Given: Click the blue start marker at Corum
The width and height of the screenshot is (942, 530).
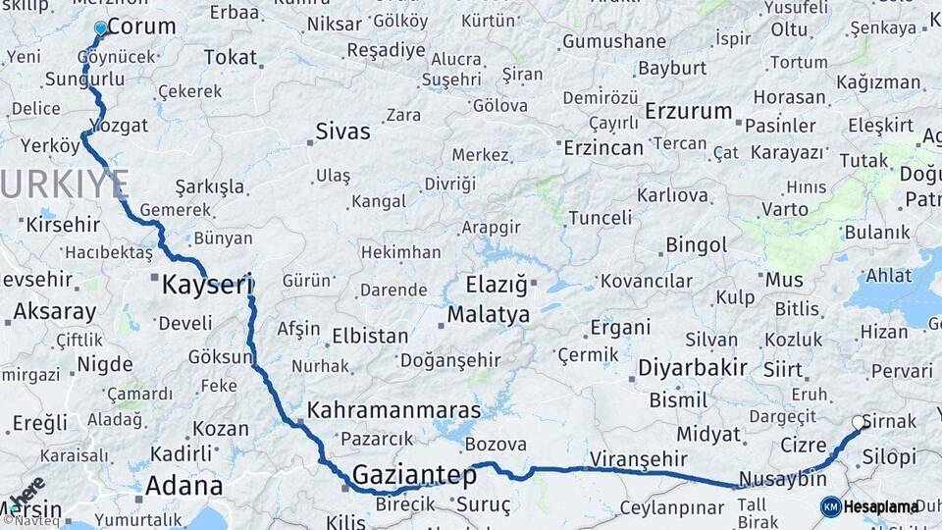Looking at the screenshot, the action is click(x=100, y=28).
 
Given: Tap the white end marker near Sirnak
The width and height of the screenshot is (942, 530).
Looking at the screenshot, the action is click(x=859, y=423).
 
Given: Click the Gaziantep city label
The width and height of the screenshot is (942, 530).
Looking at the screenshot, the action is click(x=413, y=475).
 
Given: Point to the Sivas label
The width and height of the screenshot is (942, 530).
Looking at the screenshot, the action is click(x=342, y=131).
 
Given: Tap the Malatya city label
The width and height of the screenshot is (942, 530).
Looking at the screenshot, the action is click(x=488, y=315).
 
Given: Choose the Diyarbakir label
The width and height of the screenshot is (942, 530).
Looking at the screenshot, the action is click(x=692, y=368).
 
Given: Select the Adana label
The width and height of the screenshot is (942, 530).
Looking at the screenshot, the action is click(x=183, y=485).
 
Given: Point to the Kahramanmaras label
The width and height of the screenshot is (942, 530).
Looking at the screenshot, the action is click(x=393, y=410).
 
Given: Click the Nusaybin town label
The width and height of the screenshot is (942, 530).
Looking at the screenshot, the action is click(x=782, y=479).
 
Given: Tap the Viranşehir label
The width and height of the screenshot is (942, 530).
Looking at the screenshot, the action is click(x=637, y=458).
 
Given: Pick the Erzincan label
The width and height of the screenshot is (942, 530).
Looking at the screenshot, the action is click(x=603, y=148).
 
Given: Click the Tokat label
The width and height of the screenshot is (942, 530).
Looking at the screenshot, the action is click(x=230, y=57).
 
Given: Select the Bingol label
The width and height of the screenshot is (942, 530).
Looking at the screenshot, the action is click(x=696, y=244).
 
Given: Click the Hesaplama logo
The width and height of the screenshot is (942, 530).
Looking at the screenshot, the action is click(x=869, y=506).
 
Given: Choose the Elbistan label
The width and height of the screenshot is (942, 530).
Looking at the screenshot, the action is click(x=370, y=335).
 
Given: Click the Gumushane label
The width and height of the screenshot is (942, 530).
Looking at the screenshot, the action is click(x=612, y=41).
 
